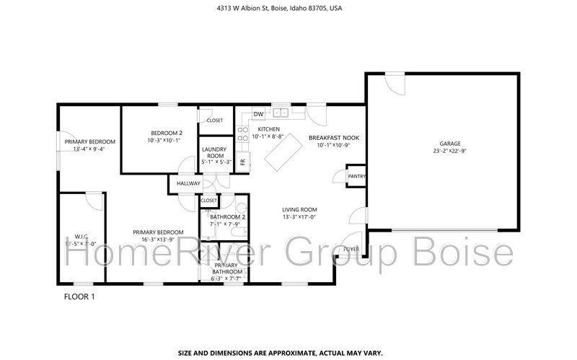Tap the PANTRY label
coord(356,176)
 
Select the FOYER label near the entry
coord(351,249)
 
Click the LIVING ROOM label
coord(299,210)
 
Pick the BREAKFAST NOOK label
coord(333,137)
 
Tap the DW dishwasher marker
coord(257,113)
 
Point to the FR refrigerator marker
coord(242,161)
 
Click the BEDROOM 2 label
coord(166,133)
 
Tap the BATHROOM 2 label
coord(227,217)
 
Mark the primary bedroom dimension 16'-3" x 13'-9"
coord(158,240)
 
